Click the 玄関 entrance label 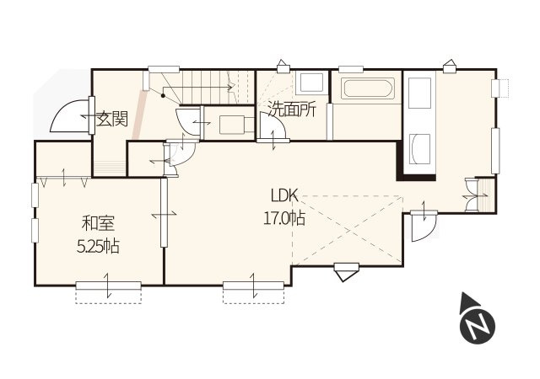coord(112,119)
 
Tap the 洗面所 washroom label coord(292,109)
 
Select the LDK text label coord(284,196)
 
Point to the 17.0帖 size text coord(284,217)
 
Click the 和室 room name coord(98,223)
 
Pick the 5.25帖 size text coord(98,246)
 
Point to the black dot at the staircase coord(164,96)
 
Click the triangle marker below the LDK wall coord(347,272)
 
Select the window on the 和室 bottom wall coord(109,286)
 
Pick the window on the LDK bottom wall coord(253,286)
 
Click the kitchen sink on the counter coord(420,149)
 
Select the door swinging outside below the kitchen coord(424,227)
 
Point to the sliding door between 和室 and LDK coord(164,212)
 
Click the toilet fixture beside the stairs coord(234,124)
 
